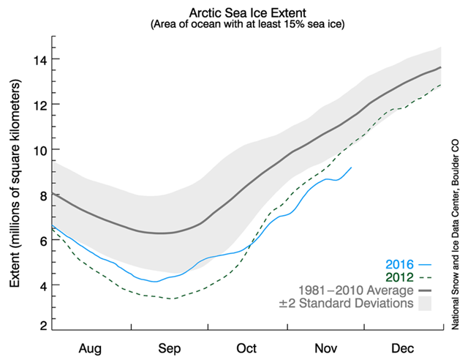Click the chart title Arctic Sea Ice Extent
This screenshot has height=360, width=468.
coord(247,12)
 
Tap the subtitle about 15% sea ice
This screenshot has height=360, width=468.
coord(247,24)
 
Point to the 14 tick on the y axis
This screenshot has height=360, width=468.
coord(34,59)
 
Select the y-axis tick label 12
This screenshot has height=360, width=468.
coord(34,105)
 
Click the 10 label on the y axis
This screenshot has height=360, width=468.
coord(34,150)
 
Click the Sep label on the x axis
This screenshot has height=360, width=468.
coord(170,347)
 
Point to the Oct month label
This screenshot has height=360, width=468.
coord(246,347)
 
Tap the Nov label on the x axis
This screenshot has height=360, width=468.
coord(323,347)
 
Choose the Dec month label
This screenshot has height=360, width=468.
coord(400,347)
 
